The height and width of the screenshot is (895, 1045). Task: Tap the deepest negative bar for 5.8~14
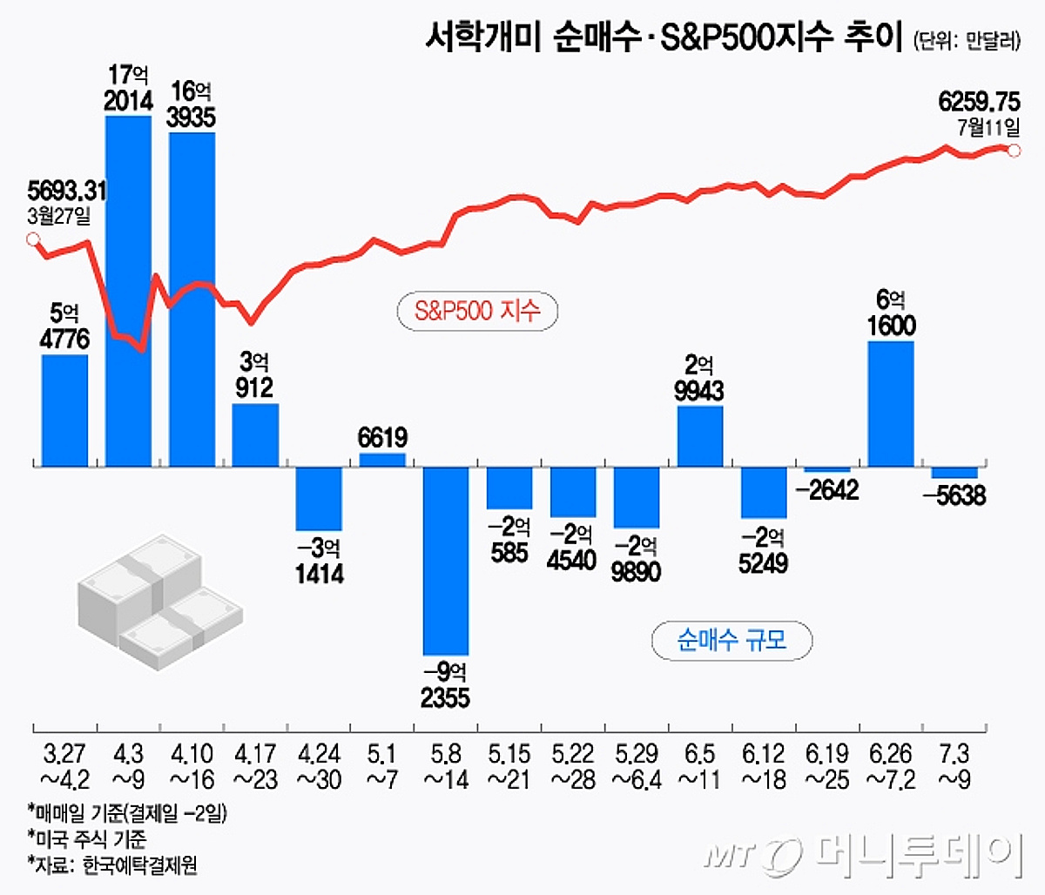pos(446,561)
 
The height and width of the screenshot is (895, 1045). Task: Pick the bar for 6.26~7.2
pos(891,404)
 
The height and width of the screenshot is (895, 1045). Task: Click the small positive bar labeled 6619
pos(382,460)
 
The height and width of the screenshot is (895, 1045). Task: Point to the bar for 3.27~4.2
pos(64,410)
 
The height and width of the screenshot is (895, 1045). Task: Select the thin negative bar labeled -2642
pos(826,470)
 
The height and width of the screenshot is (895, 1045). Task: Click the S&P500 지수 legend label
pos(476,311)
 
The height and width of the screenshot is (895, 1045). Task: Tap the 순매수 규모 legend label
pos(731,641)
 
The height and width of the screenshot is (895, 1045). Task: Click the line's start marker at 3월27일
pos(33,239)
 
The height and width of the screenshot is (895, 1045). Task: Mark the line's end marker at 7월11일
pos(1014,150)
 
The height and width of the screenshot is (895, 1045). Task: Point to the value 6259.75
pos(979,102)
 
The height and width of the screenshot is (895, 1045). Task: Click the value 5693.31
pos(67,190)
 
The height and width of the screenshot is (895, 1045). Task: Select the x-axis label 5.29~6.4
pos(637,765)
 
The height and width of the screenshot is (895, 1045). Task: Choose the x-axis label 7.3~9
pos(954,765)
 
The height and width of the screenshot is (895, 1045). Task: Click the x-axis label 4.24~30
pos(319,765)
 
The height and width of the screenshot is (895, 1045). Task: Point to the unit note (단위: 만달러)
pos(967,41)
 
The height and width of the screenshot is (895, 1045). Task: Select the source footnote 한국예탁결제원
pos(139,865)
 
